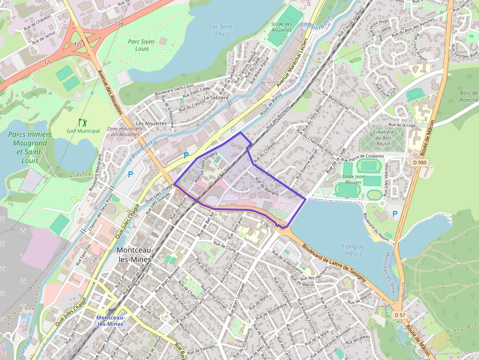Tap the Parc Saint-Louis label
142,44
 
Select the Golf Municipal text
83,130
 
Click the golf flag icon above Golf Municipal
82,122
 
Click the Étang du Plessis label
353,250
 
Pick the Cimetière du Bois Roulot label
383,138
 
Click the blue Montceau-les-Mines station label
110,320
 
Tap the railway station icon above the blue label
110,312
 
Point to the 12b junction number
119,23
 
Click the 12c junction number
77,44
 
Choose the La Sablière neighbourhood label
216,98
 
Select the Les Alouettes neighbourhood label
152,124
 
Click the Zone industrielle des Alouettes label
123,131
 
